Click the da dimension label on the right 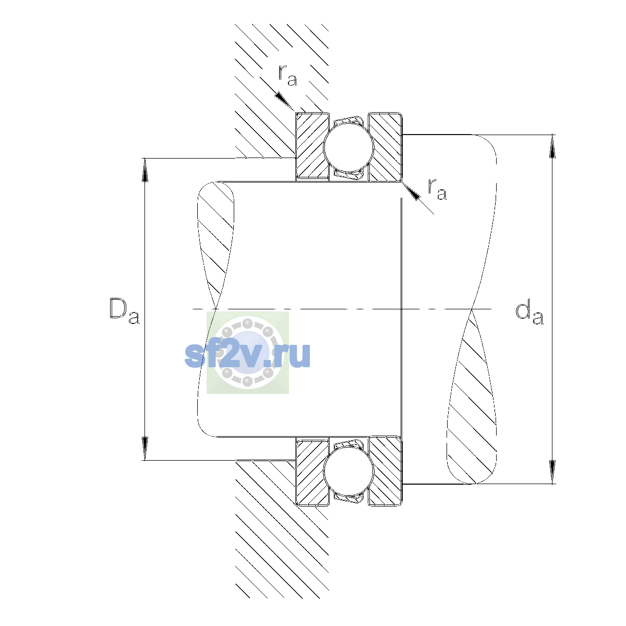[x=529, y=314]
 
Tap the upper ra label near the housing [x=288, y=75]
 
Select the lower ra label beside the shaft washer [x=437, y=189]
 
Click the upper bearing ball [x=348, y=147]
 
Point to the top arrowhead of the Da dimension [x=145, y=170]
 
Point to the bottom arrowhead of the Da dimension [x=145, y=448]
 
